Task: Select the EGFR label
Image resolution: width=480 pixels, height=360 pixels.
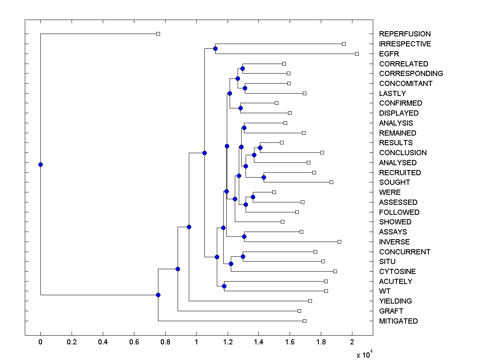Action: click(x=389, y=54)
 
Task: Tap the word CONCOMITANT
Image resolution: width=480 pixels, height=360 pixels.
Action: click(x=406, y=84)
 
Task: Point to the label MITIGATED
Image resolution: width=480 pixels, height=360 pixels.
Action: click(x=398, y=321)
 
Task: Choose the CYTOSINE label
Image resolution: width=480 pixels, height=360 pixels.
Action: click(x=398, y=272)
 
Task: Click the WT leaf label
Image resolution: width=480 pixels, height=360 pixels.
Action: click(x=385, y=291)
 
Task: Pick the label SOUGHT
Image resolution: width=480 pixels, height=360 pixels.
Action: click(x=395, y=182)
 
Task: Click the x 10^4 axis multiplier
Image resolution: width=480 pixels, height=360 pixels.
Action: click(x=364, y=354)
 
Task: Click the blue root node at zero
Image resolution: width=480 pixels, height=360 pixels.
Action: click(x=40, y=164)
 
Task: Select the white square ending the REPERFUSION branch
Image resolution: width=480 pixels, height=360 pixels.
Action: click(x=158, y=34)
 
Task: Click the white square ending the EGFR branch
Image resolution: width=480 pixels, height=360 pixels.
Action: click(x=357, y=54)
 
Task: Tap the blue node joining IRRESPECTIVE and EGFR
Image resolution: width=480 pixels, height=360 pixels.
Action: click(x=215, y=48)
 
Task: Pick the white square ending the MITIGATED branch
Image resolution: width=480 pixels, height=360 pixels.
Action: click(x=304, y=321)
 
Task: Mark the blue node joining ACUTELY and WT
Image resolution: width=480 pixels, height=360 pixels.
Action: click(x=224, y=286)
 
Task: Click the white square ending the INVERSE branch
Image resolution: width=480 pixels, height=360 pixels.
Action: click(x=339, y=242)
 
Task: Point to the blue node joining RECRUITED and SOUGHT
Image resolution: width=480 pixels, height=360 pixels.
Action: click(x=264, y=177)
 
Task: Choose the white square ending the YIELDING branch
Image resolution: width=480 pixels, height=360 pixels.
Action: click(x=310, y=301)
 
